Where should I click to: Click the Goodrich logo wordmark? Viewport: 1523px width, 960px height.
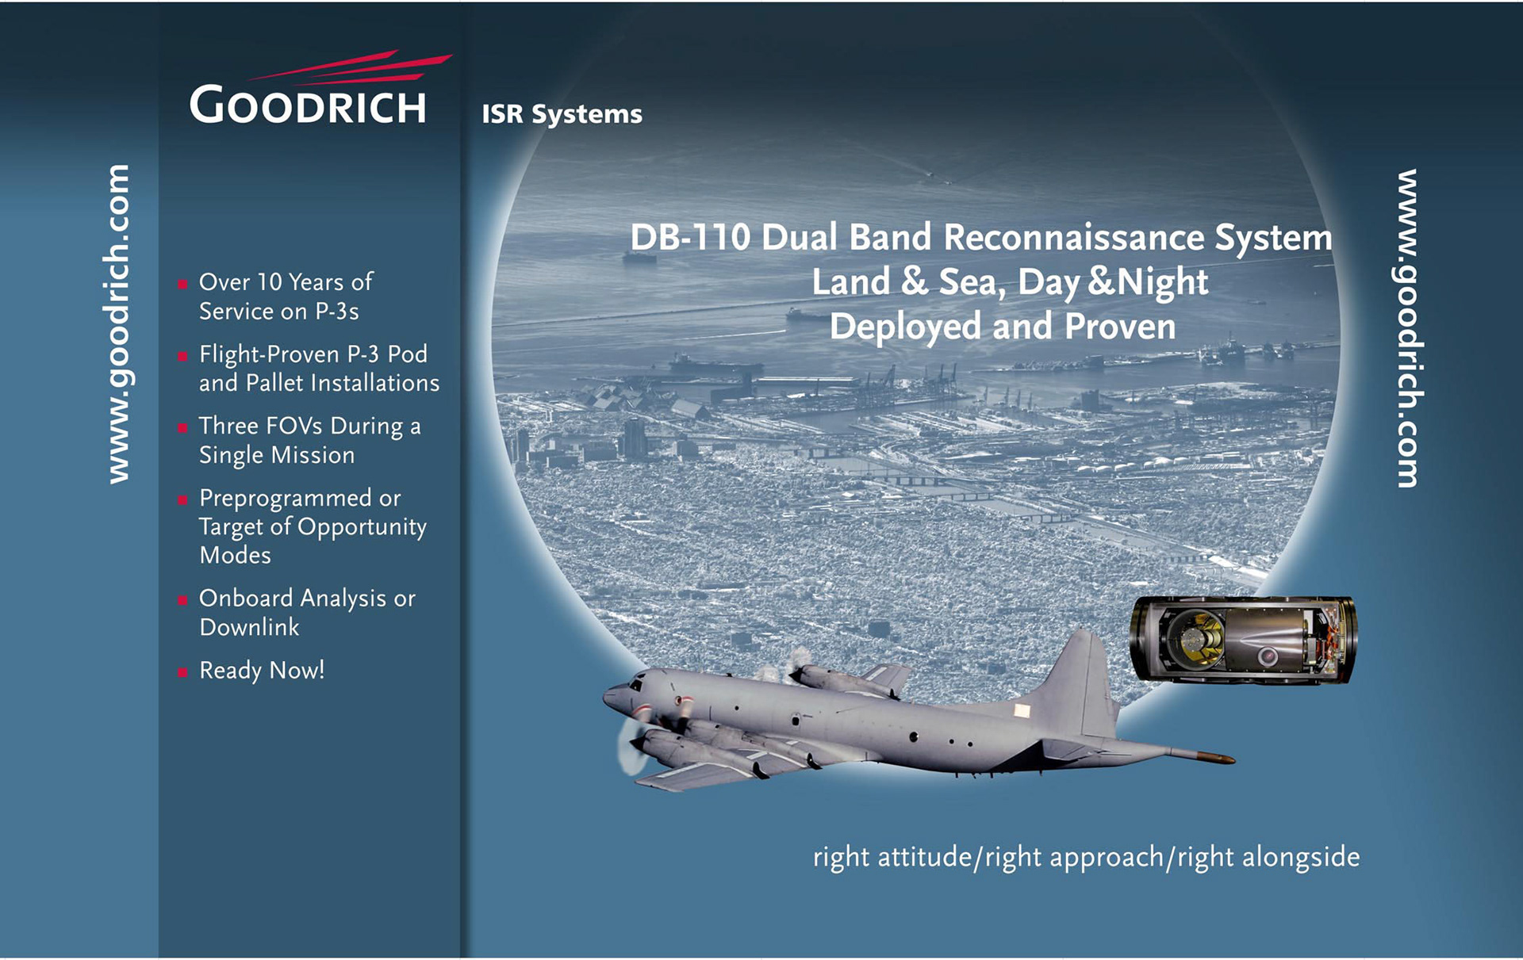coord(308,105)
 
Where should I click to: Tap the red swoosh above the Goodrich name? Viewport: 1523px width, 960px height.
coord(350,68)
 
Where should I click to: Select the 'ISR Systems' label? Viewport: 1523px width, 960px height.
coord(562,114)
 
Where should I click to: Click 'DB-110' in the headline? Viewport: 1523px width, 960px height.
coord(689,237)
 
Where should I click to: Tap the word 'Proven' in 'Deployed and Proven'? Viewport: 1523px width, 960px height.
coord(1120,327)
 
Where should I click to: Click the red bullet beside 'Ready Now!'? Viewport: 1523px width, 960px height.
coord(182,672)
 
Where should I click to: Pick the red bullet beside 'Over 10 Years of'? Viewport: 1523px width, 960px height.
coord(182,284)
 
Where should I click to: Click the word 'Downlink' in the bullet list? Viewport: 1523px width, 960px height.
coord(249,627)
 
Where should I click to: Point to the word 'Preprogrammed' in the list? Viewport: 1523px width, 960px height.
coord(286,499)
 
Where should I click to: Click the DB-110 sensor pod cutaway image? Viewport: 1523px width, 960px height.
coord(1243,639)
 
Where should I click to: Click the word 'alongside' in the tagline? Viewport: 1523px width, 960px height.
coord(1301,857)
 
